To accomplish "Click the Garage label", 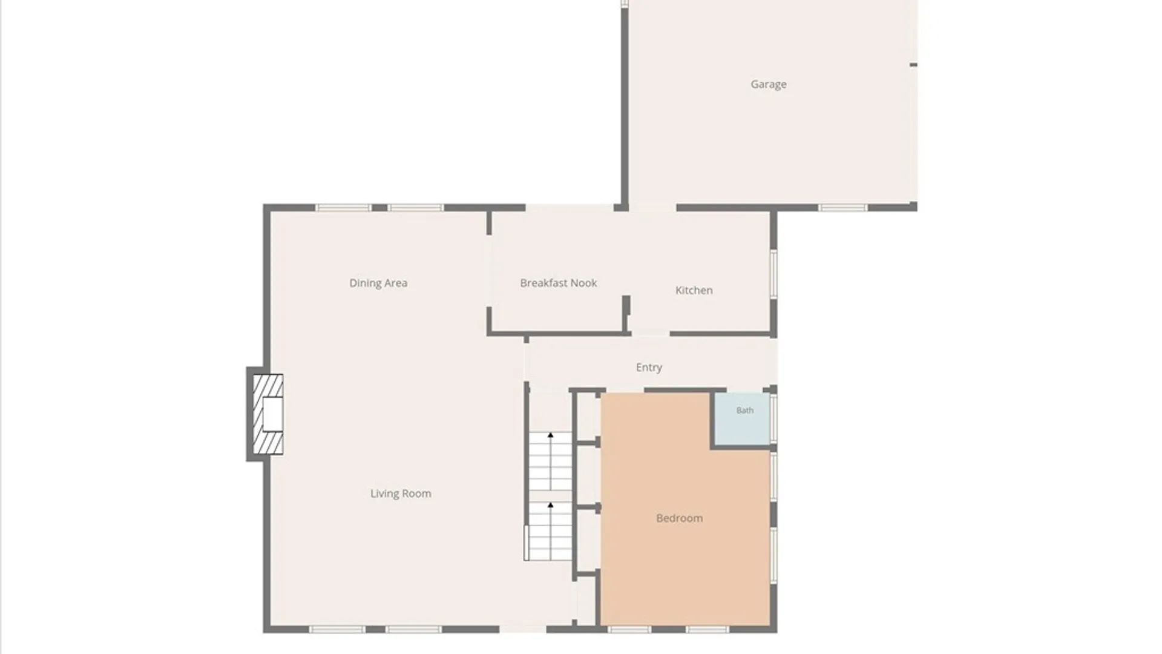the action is point(769,84).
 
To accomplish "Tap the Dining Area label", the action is point(378,283).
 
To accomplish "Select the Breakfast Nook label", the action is point(559,283).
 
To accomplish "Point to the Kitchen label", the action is point(694,290).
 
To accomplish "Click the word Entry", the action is point(649,368).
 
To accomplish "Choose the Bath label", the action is point(745,411).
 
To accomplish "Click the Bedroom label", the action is point(680,518).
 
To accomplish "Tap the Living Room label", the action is point(401,494).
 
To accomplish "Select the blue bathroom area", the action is point(743,419).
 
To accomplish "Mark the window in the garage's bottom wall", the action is point(843,208).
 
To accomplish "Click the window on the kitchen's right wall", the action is point(773,274).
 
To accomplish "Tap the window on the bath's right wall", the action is point(773,419).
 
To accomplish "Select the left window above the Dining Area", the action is point(343,208).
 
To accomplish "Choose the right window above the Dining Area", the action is point(416,208).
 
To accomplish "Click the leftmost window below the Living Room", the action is point(338,630).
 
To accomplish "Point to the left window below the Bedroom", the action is point(629,630).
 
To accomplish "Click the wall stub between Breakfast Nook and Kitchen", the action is point(626,314).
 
